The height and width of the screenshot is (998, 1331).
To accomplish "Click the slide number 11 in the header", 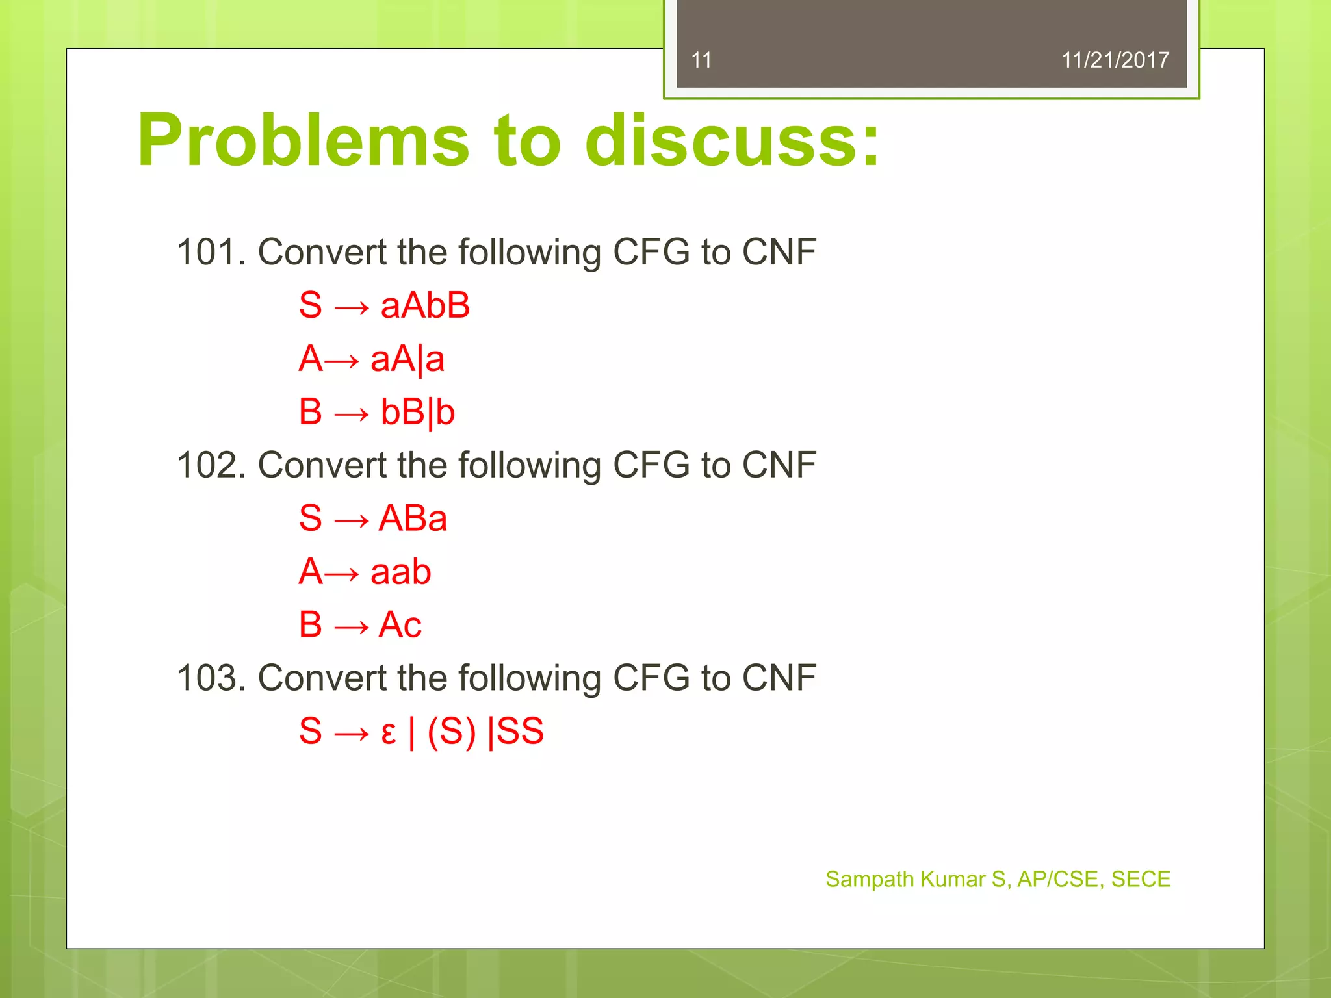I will point(701,60).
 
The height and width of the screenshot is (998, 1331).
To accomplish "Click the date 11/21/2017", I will point(1115,60).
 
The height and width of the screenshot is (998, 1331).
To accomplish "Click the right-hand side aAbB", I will point(425,305).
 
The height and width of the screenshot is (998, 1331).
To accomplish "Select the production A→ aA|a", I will point(371,359).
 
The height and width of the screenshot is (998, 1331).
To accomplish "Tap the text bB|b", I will point(418,412).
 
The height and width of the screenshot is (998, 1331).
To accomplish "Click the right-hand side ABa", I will point(413,518).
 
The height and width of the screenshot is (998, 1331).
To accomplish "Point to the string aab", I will point(400,572).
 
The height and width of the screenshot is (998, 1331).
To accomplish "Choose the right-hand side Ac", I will point(400,625).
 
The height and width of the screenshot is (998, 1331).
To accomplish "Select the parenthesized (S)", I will point(452,732).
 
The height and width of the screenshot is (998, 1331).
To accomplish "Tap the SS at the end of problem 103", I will point(520,732).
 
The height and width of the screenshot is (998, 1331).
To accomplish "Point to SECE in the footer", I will point(1141,879).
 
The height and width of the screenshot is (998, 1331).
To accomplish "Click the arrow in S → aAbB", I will point(351,307).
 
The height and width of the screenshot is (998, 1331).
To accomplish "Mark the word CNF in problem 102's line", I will point(779,465).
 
